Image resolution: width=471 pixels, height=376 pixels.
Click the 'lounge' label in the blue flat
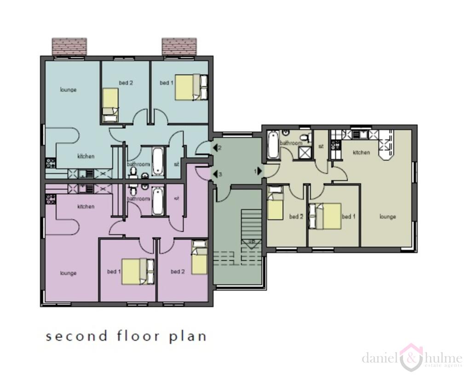[68, 90]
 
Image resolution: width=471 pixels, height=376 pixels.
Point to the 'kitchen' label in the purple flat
[86, 207]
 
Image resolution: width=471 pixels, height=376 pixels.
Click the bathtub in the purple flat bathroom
[157, 201]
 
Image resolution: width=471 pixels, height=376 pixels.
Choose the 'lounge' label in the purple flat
[68, 273]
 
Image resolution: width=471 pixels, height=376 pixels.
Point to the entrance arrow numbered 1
[260, 170]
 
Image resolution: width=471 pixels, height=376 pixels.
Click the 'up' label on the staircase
[252, 241]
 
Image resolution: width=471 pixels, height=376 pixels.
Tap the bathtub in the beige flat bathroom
[273, 145]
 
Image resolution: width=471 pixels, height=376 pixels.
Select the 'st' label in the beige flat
[321, 146]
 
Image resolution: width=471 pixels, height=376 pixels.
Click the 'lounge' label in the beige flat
[388, 217]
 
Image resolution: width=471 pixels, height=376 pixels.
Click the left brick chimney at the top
[69, 46]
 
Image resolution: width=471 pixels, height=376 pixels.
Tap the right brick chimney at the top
[179, 46]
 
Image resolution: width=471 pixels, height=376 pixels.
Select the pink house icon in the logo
[411, 357]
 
